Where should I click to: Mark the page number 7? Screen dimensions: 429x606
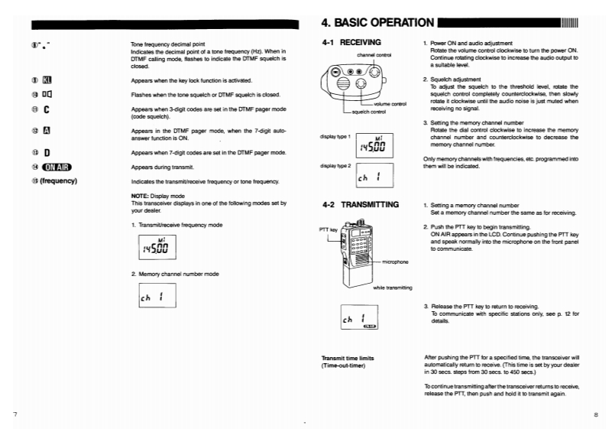pyautogui.click(x=15, y=414)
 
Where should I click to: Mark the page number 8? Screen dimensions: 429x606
pyautogui.click(x=595, y=414)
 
